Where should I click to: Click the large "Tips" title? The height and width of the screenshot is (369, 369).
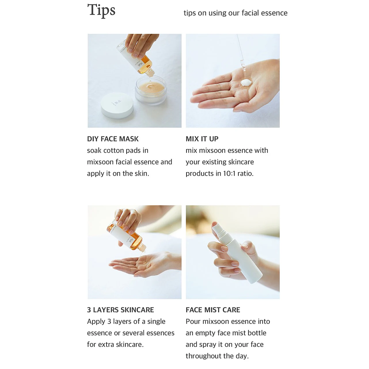[x=101, y=10]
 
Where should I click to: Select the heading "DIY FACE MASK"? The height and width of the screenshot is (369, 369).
[x=113, y=139]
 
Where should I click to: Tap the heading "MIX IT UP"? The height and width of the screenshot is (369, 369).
[x=202, y=139]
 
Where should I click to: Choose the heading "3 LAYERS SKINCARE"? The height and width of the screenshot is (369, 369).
[x=121, y=310]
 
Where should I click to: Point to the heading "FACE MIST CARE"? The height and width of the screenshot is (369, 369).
[x=213, y=310]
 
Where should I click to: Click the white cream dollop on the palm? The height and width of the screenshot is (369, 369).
[x=246, y=82]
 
